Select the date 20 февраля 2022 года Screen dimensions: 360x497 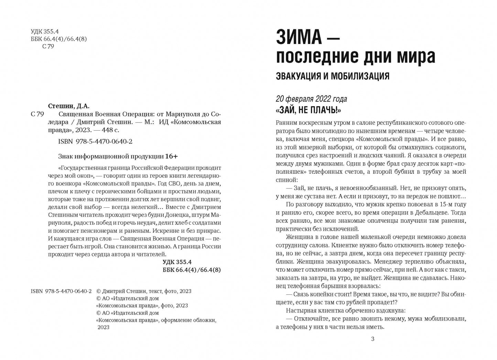click(x=311, y=99)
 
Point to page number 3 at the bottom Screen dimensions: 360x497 click(x=372, y=339)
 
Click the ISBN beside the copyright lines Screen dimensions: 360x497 click(x=61, y=291)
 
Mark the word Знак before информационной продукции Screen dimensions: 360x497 click(x=66, y=156)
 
